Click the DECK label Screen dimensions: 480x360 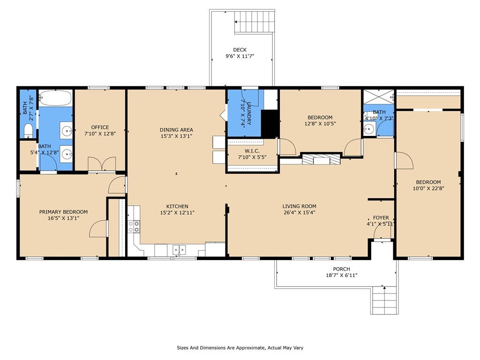240,50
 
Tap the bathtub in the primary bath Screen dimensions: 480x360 55,98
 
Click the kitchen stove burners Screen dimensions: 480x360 134,226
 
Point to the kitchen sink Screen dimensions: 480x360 179,250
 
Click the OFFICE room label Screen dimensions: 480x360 100,127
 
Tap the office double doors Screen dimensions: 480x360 102,164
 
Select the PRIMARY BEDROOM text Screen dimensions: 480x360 63,212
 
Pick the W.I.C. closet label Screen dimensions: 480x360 252,151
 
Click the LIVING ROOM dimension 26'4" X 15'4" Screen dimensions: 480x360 300,212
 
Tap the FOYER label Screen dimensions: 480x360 381,217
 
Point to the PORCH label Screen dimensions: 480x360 341,269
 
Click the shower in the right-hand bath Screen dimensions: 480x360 378,97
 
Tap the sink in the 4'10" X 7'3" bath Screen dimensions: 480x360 369,129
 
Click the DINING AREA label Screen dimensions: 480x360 176,130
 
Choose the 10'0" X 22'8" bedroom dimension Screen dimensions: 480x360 428,188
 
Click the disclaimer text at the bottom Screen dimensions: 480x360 240,348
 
